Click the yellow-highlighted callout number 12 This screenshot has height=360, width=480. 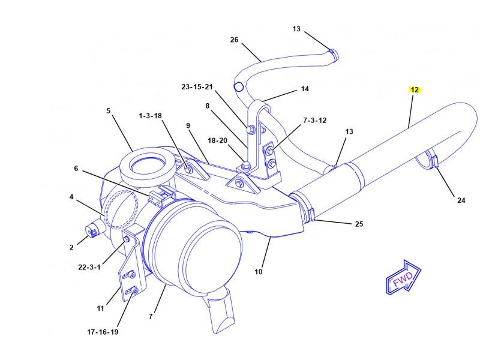(x=415, y=89)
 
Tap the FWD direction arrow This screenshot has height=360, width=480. (x=403, y=278)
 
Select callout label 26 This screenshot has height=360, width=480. (x=234, y=40)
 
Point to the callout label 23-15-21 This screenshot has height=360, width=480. (x=197, y=87)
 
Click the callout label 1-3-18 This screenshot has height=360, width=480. (x=151, y=116)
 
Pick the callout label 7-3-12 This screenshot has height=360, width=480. (x=314, y=121)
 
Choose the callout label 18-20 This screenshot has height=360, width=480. (x=217, y=140)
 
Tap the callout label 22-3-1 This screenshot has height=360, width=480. (x=89, y=267)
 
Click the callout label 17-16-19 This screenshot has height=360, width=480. (x=103, y=332)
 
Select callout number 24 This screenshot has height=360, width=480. (x=461, y=200)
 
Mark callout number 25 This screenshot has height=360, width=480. (x=359, y=224)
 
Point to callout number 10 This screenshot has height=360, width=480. (x=259, y=272)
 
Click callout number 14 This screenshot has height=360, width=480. (x=305, y=89)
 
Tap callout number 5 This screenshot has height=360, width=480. (x=109, y=110)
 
